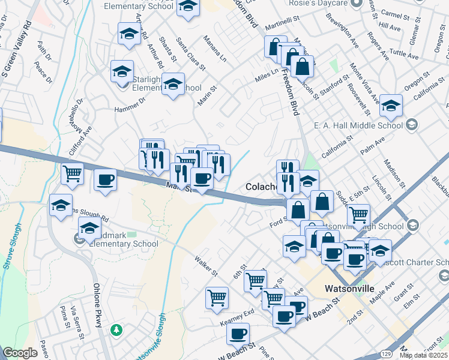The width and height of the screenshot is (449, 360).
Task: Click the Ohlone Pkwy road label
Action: point(97,306)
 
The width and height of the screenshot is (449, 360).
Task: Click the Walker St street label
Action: point(206,266)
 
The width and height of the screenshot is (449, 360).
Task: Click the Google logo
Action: point(20,353)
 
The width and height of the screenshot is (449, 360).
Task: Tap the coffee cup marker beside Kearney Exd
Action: point(238,332)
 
